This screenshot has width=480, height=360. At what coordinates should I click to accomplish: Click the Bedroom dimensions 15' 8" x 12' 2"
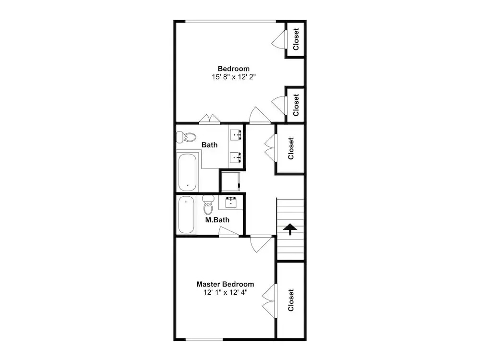234,77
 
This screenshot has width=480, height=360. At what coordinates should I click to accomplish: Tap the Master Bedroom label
225,284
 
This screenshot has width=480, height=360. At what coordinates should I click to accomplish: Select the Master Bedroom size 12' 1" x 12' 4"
225,293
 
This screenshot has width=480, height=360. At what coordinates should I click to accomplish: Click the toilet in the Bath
186,137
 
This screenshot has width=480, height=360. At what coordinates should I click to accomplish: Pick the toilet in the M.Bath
208,205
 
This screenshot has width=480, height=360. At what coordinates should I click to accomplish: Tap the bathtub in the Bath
187,172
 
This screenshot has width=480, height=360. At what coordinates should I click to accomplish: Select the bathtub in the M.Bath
186,215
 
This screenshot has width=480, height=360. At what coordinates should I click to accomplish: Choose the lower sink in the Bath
236,157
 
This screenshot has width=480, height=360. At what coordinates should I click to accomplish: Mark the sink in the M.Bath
230,203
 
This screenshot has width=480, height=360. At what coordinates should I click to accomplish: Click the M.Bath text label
217,220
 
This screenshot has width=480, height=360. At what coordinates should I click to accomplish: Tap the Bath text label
209,145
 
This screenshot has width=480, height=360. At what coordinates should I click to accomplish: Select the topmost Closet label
296,39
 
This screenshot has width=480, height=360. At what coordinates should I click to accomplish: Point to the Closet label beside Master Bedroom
291,300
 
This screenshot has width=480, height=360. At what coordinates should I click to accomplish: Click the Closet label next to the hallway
291,148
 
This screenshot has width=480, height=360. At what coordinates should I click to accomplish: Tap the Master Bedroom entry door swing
261,244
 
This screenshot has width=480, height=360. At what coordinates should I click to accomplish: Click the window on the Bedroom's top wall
230,22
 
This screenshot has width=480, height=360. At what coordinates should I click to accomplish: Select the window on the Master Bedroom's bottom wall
204,339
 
